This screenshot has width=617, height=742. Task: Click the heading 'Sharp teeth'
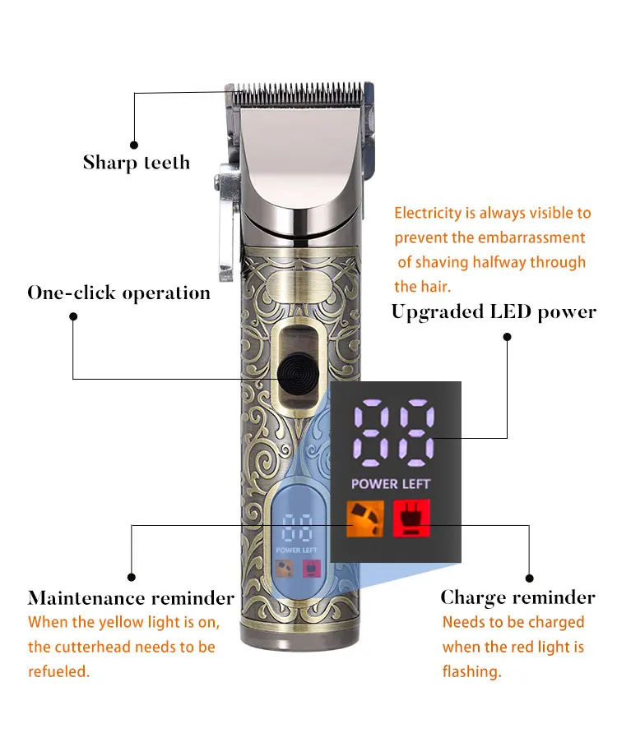coord(137,163)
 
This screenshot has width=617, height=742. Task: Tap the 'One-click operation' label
coord(119,293)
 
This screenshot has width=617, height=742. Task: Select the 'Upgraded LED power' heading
coord(494,312)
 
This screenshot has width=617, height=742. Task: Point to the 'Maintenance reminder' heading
coord(131,597)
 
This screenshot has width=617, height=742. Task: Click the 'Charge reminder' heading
coord(517,597)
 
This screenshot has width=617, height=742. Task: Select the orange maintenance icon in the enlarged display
coord(366,518)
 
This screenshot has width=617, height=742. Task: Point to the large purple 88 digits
coord(394,432)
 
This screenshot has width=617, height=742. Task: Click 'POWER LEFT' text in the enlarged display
coord(391,484)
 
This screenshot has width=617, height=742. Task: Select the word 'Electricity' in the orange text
coord(428,214)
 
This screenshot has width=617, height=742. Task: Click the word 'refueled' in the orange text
coord(58,671)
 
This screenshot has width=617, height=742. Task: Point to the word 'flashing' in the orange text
coord(471,671)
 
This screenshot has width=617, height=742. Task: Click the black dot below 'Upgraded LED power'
coord(507,336)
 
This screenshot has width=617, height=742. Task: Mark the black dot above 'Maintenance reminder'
coord(131,577)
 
